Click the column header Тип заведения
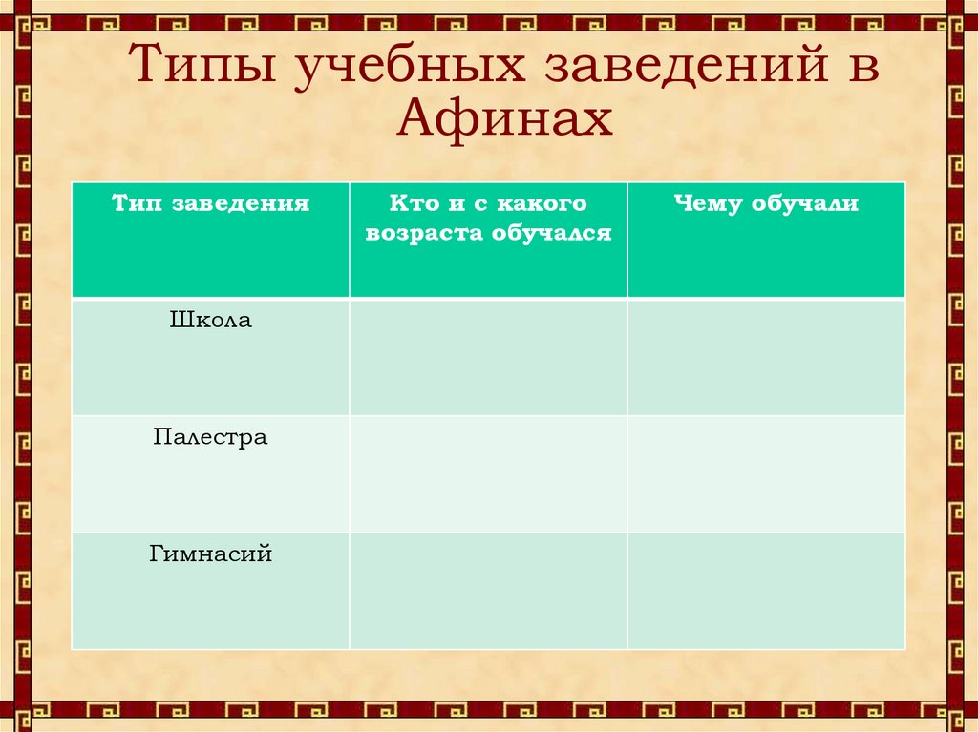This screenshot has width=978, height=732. tap(211, 203)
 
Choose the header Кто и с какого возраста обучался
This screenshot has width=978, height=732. tap(488, 218)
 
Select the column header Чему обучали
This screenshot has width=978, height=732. tap(766, 203)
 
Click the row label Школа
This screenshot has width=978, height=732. tap(211, 321)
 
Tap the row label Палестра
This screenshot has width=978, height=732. tap(211, 437)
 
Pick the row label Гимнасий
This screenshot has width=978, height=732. tap(211, 554)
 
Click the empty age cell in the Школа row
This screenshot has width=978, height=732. tap(488, 357)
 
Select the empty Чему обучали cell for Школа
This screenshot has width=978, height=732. tap(766, 357)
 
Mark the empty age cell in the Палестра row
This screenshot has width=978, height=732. tap(488, 473)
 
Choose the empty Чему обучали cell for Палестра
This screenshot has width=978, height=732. tap(766, 473)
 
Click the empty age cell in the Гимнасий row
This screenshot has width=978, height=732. tap(488, 591)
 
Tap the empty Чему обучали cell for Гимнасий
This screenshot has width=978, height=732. tap(766, 591)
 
